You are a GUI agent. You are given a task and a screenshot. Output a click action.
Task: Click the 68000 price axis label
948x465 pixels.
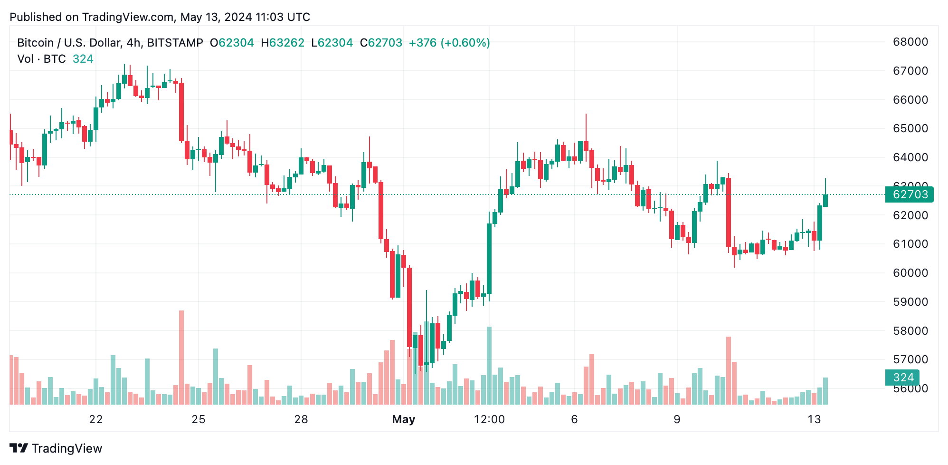(x=910, y=42)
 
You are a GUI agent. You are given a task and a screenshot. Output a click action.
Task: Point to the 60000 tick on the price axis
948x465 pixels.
(x=910, y=273)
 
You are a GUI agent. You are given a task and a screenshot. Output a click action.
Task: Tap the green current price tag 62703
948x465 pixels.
(x=910, y=194)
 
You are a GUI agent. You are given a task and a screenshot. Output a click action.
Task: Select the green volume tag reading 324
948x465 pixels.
(x=902, y=378)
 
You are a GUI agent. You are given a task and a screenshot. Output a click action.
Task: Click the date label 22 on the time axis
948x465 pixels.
(x=96, y=419)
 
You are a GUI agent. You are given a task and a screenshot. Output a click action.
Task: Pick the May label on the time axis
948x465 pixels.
(x=404, y=419)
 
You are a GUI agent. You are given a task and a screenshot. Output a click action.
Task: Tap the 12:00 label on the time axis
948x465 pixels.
(x=489, y=419)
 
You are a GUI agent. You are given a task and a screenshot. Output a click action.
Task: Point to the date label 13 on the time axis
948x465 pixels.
(x=814, y=419)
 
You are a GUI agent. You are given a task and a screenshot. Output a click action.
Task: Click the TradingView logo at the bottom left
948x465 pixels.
(x=56, y=448)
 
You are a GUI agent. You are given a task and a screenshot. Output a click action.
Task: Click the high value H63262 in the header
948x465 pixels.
(x=283, y=43)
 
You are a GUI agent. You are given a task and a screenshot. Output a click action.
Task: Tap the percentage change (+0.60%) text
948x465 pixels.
(x=465, y=43)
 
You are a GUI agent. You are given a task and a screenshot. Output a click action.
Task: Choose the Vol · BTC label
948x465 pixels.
(x=42, y=59)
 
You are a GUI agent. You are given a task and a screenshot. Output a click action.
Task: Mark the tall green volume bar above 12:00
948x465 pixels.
(x=489, y=365)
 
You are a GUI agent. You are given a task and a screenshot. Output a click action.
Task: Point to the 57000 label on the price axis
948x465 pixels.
(x=910, y=359)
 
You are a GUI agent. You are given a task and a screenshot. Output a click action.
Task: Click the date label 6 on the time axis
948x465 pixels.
(x=575, y=419)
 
